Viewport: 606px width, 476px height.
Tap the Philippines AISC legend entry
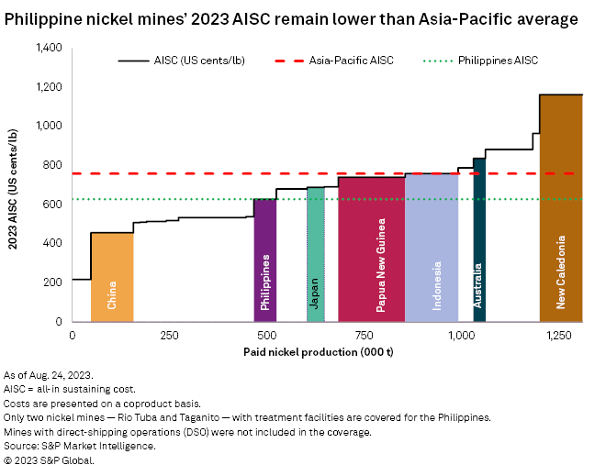pos(483,61)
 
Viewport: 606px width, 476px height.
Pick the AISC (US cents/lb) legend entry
pos(174,61)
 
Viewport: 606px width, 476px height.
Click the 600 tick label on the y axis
pos(54,205)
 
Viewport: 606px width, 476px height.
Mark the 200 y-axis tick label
pos(54,282)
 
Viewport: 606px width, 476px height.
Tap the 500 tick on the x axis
pos(266,334)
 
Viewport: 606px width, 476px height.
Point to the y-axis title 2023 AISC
pos(16,185)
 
